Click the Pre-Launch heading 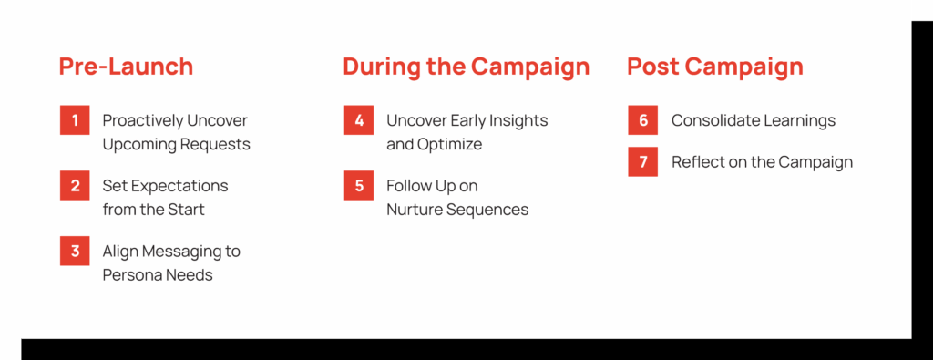coord(126,67)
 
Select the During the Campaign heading coord(466,67)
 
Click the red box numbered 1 coord(75,120)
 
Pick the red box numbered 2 coord(75,186)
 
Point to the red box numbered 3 coord(75,252)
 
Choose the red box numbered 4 coord(359,120)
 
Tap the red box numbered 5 coord(359,186)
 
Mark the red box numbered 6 coord(642,120)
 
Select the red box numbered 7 coord(642,162)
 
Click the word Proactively coord(142,121)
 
